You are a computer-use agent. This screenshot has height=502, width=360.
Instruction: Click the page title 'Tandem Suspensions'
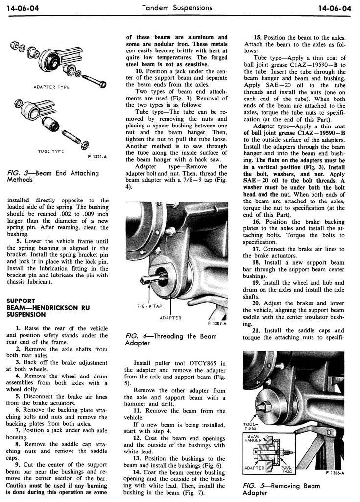click(176, 8)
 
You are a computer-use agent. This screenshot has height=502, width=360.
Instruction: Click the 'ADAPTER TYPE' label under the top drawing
click(52, 87)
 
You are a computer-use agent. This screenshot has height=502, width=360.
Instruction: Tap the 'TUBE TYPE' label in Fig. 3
click(51, 151)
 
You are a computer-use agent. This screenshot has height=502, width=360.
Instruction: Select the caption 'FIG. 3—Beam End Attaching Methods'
click(53, 176)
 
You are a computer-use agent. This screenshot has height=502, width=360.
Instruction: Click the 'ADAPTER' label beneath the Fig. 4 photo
click(171, 318)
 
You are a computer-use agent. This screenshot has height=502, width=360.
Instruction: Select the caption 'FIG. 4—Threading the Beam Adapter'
click(170, 339)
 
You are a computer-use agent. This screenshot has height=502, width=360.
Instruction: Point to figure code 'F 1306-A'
click(335, 473)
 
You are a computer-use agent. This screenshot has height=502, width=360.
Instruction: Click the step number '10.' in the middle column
click(139, 71)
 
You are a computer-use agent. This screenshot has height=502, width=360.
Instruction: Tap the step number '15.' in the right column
click(257, 37)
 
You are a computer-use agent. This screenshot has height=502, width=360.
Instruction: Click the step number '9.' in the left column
click(19, 464)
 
